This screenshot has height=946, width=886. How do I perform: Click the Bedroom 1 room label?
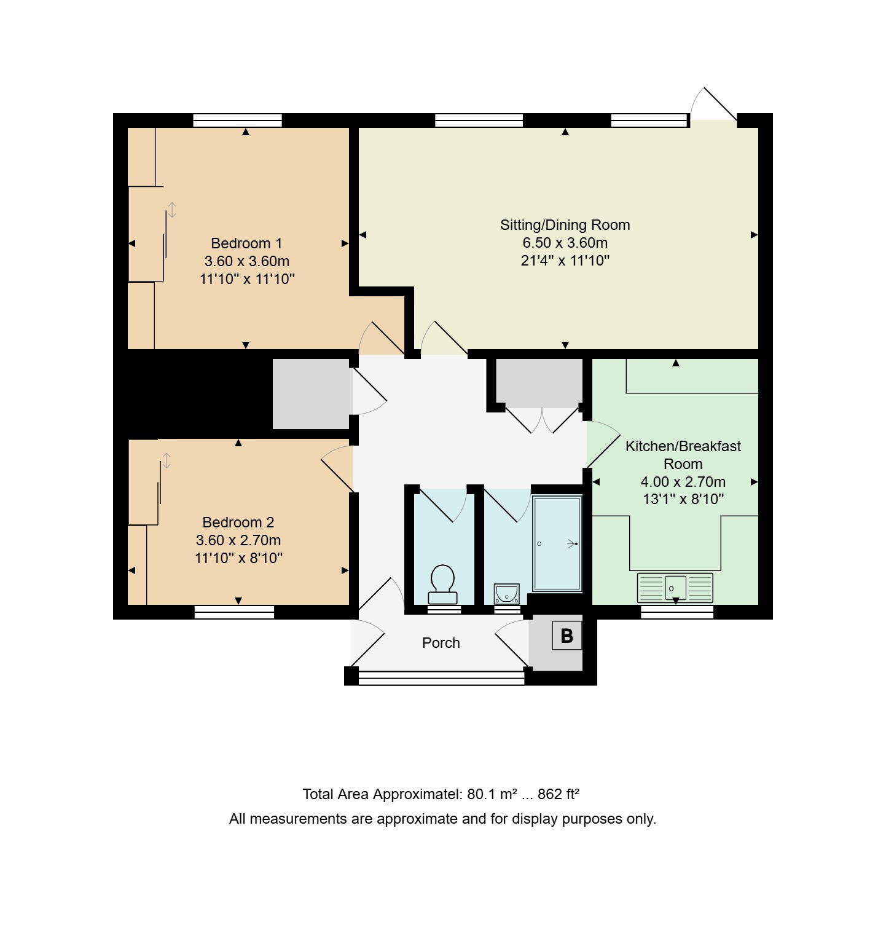(x=246, y=243)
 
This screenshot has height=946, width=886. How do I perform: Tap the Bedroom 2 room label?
(x=238, y=522)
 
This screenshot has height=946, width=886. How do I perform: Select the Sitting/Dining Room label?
(x=565, y=225)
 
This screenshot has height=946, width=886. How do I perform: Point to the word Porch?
(x=441, y=643)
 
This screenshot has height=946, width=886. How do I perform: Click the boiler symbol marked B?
(x=566, y=636)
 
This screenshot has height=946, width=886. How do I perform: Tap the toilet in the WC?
(x=443, y=585)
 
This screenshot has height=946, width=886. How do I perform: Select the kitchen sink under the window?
(x=675, y=588)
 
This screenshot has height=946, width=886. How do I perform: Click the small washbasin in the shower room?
(x=507, y=594)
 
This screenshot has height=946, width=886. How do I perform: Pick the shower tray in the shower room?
(x=557, y=544)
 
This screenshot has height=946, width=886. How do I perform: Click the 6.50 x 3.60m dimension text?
(x=565, y=243)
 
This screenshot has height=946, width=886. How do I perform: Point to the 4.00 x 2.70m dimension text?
(x=683, y=482)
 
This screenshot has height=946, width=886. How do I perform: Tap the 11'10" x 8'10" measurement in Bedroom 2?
(x=238, y=558)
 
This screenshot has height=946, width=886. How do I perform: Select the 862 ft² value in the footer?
(x=559, y=794)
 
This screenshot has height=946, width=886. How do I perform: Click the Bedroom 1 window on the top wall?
(x=237, y=120)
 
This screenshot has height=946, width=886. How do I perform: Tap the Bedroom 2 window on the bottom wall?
(x=234, y=612)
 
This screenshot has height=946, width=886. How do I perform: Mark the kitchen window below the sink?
(x=677, y=612)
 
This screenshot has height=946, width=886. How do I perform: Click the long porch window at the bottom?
(x=441, y=677)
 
